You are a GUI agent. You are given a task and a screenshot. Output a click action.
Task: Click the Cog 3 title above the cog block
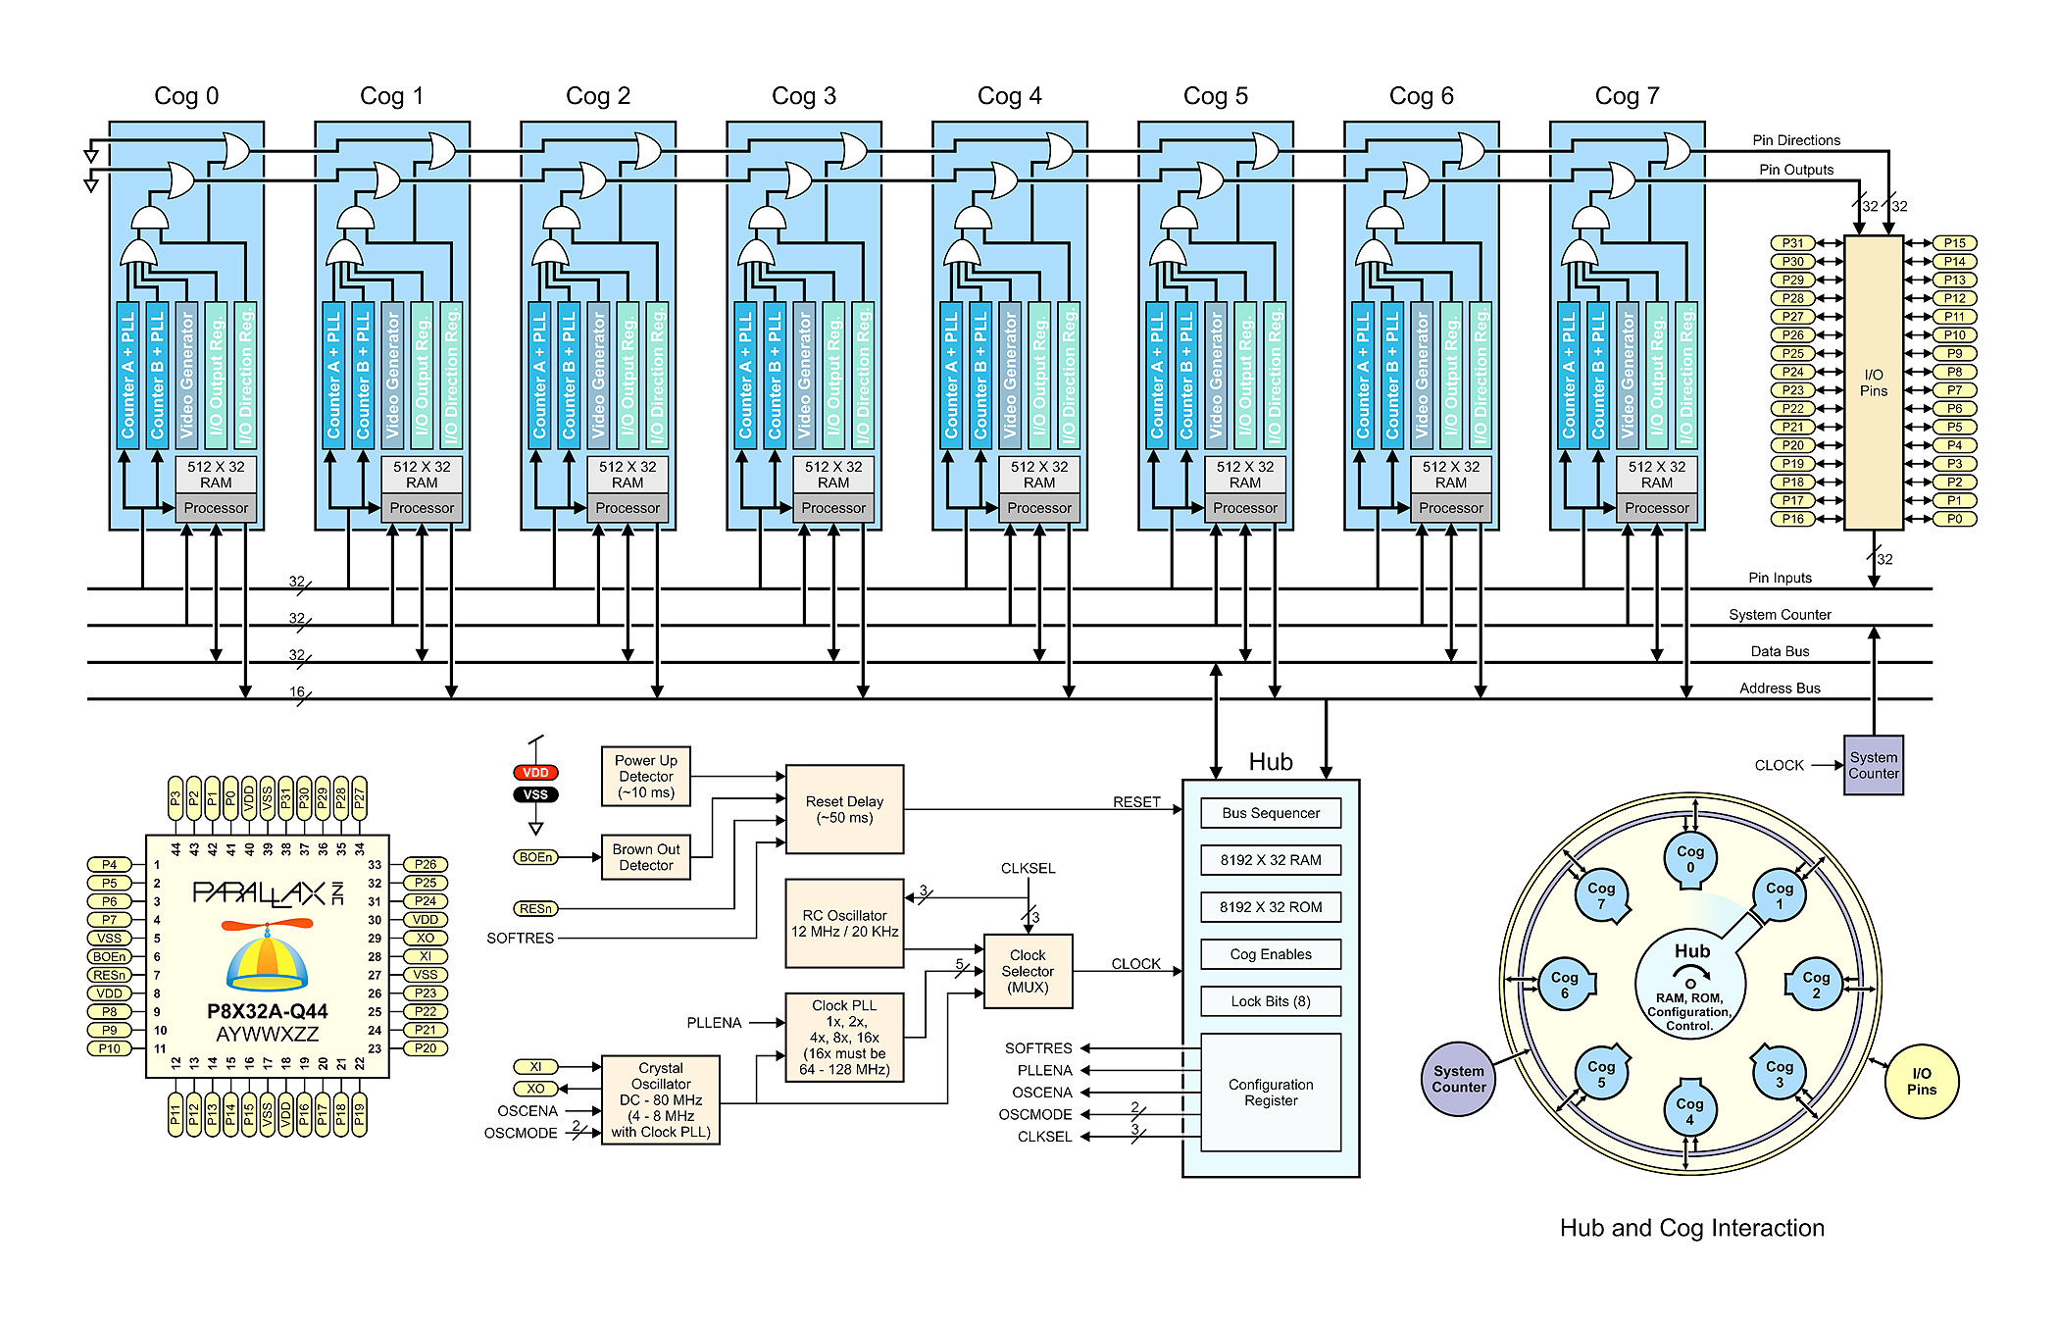803,96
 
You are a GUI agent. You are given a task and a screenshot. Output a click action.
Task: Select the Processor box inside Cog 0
216,508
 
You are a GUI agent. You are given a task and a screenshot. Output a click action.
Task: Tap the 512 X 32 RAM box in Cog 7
1656,475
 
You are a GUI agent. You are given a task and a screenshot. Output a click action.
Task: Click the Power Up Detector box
645,776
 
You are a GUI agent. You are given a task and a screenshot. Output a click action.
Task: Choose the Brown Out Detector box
645,857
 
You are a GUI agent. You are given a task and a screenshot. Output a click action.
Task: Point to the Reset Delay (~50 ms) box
844,809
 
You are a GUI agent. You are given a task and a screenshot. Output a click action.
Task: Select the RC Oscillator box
844,923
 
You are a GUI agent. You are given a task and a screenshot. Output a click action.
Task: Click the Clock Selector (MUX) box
1028,971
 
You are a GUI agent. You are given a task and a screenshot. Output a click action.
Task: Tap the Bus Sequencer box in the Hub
1271,813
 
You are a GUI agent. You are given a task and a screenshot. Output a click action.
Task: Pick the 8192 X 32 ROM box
1271,907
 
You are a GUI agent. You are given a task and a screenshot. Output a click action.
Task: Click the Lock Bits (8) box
1271,1001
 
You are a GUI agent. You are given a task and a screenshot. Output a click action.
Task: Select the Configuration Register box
1271,1093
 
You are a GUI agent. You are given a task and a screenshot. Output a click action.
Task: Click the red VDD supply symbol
535,773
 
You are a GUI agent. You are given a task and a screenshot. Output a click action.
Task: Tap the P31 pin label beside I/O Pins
1792,243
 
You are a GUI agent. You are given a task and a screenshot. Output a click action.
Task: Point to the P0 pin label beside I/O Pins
1954,519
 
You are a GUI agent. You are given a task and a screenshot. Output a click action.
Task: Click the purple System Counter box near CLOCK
1873,765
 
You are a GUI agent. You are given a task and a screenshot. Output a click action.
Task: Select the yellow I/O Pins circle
1921,1081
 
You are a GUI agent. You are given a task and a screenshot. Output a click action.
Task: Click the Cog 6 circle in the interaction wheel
1564,985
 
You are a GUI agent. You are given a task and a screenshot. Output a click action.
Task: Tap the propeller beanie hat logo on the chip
267,956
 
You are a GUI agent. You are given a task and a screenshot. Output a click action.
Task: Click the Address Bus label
1780,688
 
